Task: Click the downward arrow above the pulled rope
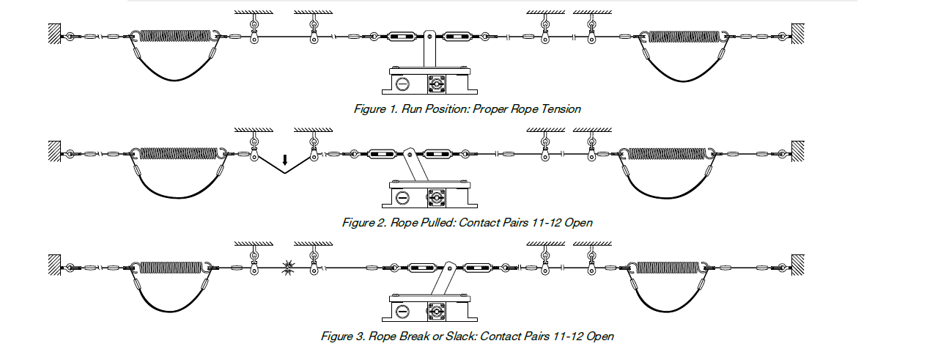285,158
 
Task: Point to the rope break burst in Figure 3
286,268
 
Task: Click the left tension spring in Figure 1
176,36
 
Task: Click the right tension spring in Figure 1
686,36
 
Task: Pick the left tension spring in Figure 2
180,153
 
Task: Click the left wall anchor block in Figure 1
54,34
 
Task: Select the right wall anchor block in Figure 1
798,34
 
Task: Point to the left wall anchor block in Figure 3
54,265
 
